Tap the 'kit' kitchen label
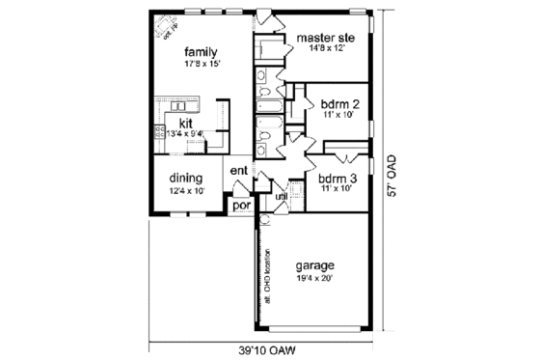(x=187, y=123)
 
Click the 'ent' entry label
(x=238, y=172)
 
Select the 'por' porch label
(x=240, y=205)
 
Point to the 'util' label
(x=282, y=197)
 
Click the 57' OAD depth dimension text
(x=391, y=175)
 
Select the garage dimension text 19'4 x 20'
(x=314, y=278)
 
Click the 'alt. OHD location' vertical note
(x=265, y=272)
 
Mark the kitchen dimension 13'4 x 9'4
(x=184, y=133)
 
